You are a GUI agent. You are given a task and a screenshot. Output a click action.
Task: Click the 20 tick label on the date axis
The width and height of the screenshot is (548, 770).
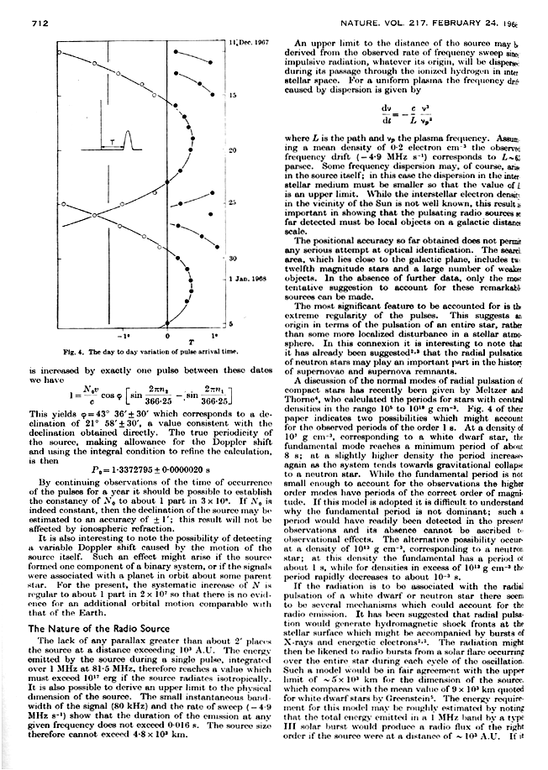[x=232, y=149]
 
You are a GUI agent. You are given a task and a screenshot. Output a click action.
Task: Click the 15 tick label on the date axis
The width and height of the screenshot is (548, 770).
[x=232, y=96]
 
